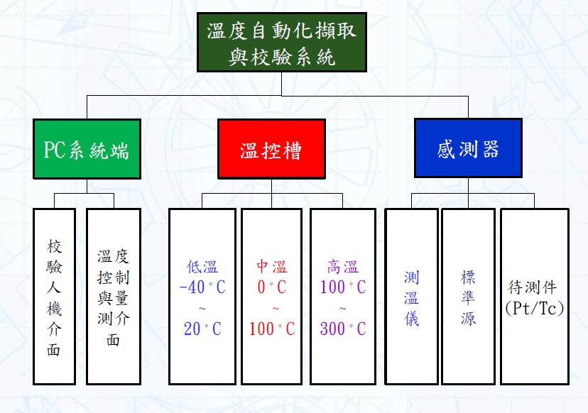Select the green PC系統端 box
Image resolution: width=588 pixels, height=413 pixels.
87,150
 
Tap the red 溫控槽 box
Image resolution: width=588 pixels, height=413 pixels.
271,150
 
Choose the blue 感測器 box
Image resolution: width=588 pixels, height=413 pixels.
468,148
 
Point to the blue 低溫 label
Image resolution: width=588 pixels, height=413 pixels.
202,268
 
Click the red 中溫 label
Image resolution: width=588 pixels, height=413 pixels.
271,268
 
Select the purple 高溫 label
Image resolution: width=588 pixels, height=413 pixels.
342,268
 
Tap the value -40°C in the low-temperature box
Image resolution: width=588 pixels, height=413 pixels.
202,288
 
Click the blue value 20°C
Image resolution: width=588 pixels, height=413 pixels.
202,329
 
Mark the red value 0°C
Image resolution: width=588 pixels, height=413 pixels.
271,288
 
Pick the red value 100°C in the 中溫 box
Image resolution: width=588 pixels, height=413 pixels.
271,329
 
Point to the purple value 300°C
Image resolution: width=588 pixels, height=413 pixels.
342,329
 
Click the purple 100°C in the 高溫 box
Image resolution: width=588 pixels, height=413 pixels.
342,288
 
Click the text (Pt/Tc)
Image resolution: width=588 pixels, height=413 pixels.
533,308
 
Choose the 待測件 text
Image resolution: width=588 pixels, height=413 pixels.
533,288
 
